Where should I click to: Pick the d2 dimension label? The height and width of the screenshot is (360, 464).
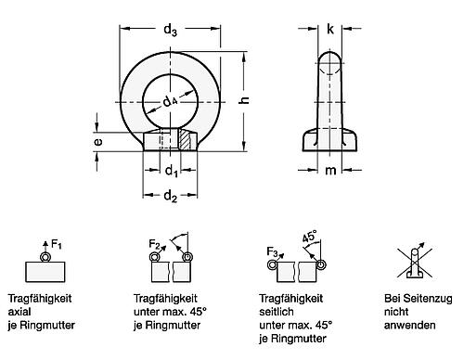pyautogui.click(x=170, y=196)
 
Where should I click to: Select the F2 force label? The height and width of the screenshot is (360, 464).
pyautogui.click(x=155, y=245)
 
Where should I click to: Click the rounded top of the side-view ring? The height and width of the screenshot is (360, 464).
pyautogui.click(x=330, y=58)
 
